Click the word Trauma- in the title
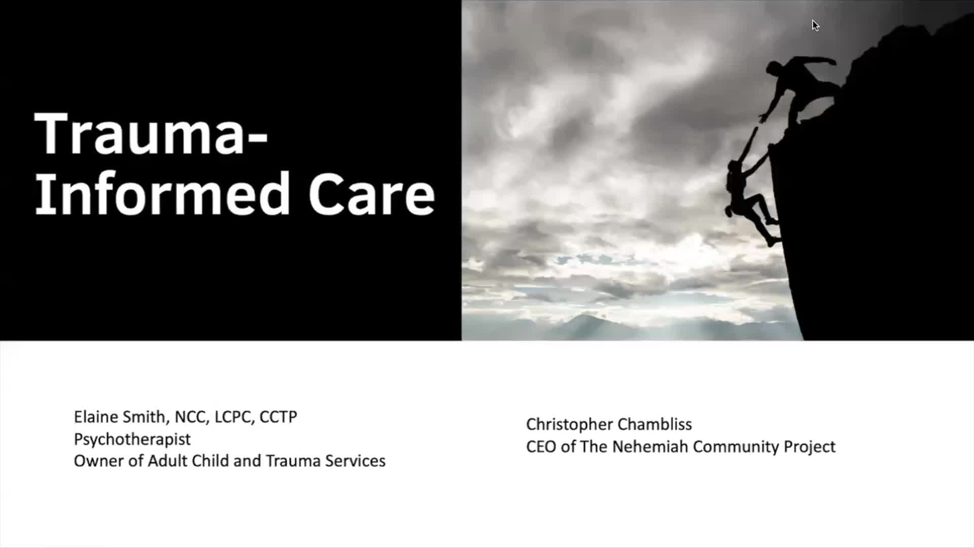(x=151, y=134)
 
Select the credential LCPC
(x=234, y=417)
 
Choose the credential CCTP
(x=278, y=417)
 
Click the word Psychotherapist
(x=132, y=439)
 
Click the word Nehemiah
(x=650, y=447)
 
